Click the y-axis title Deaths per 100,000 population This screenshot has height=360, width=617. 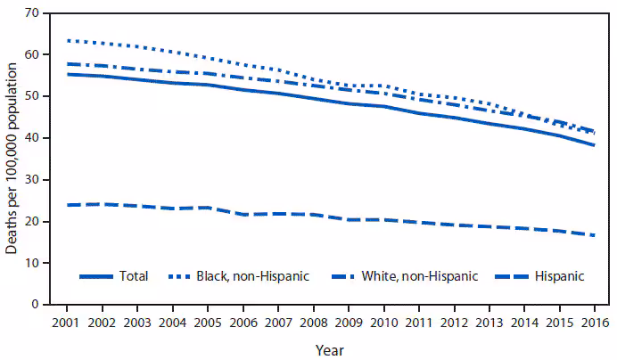11,159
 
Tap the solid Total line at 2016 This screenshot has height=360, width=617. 593,145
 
